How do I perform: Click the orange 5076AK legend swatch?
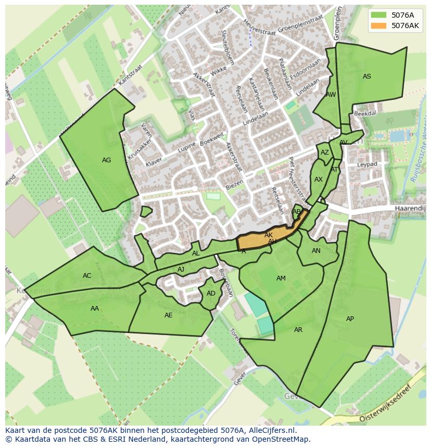(379, 25)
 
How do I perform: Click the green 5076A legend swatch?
(379, 15)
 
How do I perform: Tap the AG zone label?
(106, 160)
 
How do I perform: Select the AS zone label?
(367, 76)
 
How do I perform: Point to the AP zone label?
(350, 319)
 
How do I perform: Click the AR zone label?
(298, 330)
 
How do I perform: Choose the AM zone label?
(281, 278)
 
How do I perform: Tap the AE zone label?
(169, 315)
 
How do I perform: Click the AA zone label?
(95, 309)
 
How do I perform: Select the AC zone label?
(87, 276)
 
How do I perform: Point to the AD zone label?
(211, 293)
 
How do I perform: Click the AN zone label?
(316, 251)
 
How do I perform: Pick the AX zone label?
(319, 180)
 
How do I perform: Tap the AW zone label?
(331, 95)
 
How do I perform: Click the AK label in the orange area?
(269, 235)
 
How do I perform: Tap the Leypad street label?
(367, 164)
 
